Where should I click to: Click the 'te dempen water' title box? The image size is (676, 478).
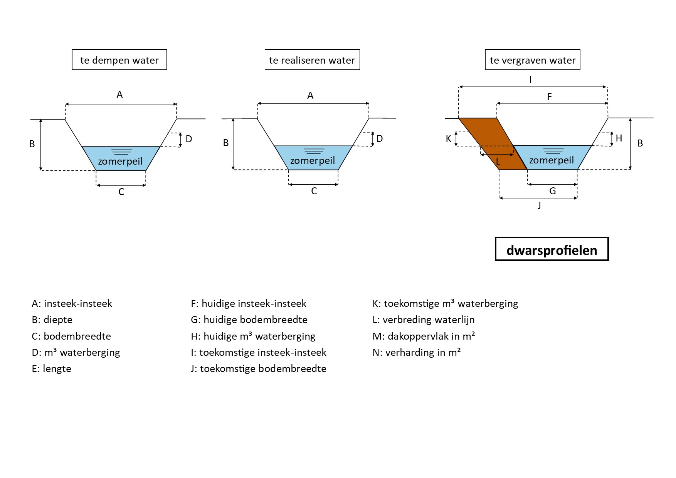[119, 60]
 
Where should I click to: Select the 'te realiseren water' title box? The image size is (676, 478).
[312, 60]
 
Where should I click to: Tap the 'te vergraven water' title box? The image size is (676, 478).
[532, 60]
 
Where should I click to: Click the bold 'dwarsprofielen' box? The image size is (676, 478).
[552, 249]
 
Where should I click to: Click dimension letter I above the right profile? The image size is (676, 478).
[531, 80]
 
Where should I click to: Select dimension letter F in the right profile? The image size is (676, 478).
[550, 97]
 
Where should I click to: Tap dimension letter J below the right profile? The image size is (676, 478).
[539, 205]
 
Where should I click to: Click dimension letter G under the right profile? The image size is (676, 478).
[552, 191]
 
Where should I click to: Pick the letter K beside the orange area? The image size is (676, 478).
[448, 139]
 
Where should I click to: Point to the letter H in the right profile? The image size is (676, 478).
[619, 138]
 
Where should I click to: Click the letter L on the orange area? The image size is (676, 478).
[498, 162]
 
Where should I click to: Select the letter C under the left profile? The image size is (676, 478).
[121, 192]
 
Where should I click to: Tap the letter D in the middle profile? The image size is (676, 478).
[380, 139]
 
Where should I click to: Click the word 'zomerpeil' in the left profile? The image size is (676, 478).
[120, 161]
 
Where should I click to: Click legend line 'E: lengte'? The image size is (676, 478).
[52, 369]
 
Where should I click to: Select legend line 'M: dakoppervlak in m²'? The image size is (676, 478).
[424, 336]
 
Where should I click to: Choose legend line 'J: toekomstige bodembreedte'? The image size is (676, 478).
[258, 369]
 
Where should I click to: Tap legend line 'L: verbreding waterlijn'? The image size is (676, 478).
[424, 320]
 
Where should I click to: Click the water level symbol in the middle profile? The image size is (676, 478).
[314, 151]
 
